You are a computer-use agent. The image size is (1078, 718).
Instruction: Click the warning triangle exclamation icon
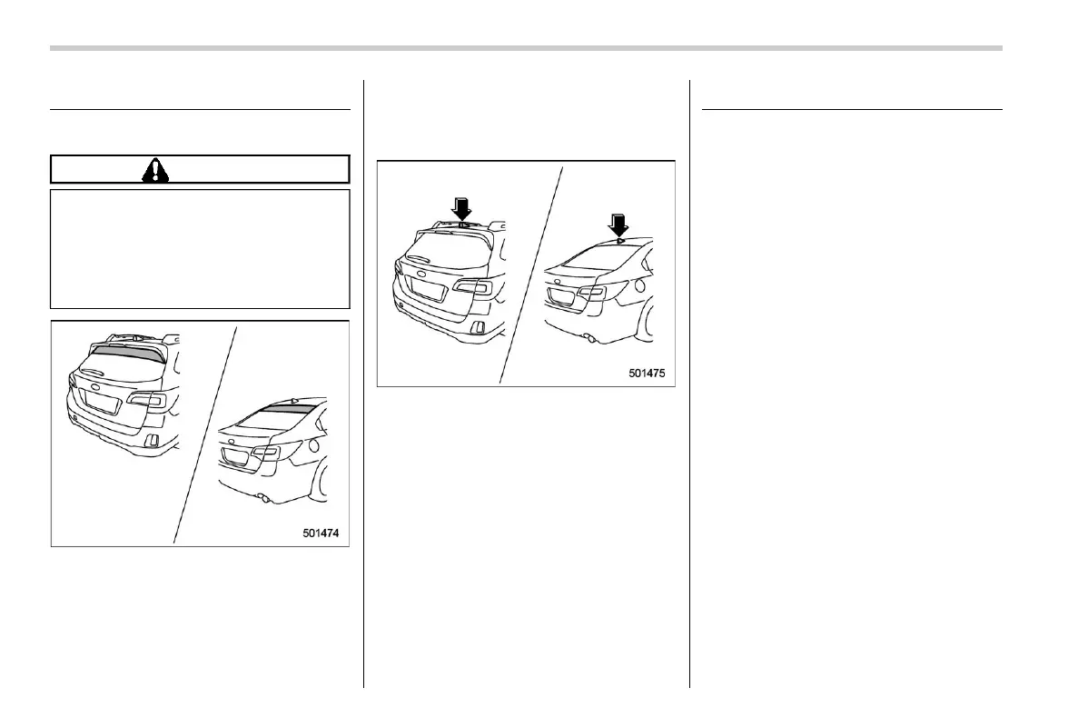coord(154,169)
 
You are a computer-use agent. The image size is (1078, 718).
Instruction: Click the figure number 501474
coord(321,534)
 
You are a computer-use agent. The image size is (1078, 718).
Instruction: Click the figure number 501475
coord(648,373)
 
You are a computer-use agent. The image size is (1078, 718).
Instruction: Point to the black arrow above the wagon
coord(461,209)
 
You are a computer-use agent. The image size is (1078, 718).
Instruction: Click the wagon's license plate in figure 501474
coord(101,403)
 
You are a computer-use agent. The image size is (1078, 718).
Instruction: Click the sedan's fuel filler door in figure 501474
coord(313,447)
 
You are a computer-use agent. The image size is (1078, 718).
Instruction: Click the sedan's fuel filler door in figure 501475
coord(642,286)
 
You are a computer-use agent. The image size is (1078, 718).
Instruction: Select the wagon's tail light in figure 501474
coord(146,401)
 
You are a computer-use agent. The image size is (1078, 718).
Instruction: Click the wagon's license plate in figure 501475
coord(428,290)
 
